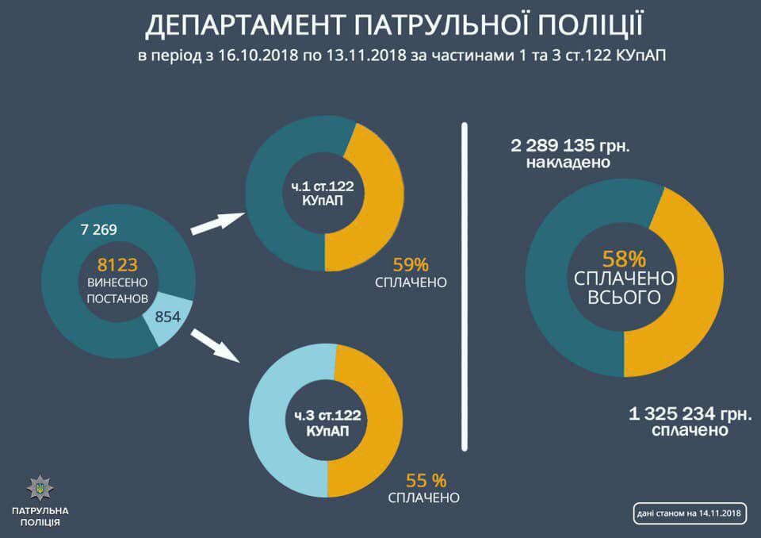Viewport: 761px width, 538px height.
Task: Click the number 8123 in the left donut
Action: coord(118,264)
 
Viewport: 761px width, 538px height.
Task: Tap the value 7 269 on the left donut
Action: coord(99,230)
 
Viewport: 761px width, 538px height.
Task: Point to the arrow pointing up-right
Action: coord(216,224)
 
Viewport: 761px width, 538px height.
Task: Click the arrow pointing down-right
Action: coord(215,344)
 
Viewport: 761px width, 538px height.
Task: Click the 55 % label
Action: coord(426,480)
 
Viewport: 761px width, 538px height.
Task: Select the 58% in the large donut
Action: coord(625,258)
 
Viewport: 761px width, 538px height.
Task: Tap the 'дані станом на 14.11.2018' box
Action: coord(688,513)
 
